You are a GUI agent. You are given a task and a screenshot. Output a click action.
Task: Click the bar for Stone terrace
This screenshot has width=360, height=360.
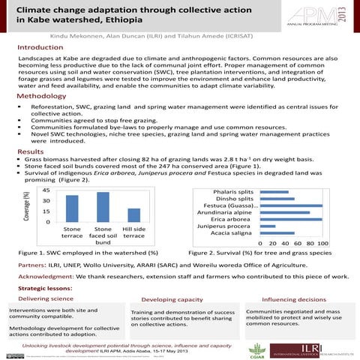(72, 208)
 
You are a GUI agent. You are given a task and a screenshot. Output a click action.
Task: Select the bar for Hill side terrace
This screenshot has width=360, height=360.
(133, 214)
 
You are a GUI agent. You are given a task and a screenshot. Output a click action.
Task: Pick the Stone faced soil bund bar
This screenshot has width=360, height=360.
(103, 207)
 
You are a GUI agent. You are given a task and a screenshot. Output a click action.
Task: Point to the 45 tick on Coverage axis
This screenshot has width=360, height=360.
(46, 191)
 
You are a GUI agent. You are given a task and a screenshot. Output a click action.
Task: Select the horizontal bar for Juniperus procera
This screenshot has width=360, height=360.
(268, 226)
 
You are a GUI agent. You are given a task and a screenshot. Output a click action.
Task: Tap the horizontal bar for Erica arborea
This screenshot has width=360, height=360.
(291, 218)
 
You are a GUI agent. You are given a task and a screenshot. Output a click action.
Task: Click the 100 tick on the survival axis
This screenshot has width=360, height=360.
(322, 244)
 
